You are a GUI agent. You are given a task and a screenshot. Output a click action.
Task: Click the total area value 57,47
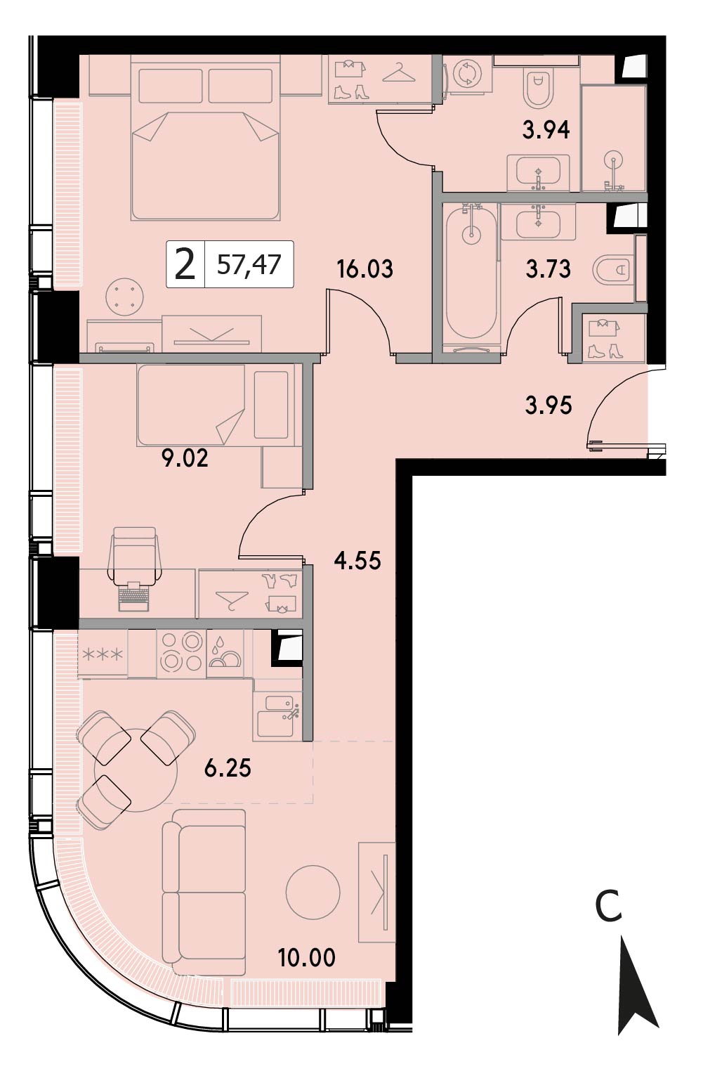click(x=249, y=264)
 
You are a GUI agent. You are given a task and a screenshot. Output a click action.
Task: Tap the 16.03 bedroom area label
click(x=364, y=268)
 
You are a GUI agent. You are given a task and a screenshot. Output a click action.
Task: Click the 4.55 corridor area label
click(x=357, y=560)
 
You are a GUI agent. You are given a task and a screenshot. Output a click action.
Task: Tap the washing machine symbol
click(x=466, y=74)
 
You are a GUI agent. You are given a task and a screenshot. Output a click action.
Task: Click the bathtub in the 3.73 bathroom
click(x=471, y=275)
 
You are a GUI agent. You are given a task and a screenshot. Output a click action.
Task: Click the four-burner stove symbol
click(x=181, y=654)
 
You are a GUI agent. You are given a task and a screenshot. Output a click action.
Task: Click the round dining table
click(x=136, y=770)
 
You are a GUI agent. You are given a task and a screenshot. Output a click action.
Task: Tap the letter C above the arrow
click(x=608, y=906)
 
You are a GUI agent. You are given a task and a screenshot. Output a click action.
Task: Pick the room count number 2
click(x=185, y=265)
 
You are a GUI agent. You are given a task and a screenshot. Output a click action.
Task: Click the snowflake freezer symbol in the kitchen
click(x=103, y=654)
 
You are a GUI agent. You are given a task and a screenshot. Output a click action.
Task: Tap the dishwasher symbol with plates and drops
click(x=225, y=654)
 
